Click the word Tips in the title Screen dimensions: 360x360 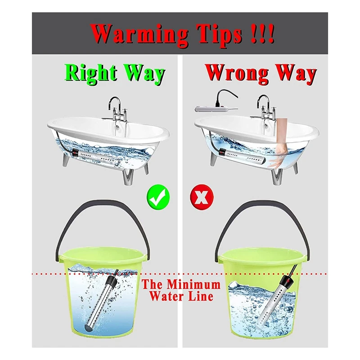pyautogui.click(x=220, y=35)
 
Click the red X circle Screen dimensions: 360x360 pyautogui.click(x=201, y=197)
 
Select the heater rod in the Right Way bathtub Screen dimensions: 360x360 pyautogui.click(x=96, y=156)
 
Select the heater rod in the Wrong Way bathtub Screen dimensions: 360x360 pyautogui.click(x=242, y=156)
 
